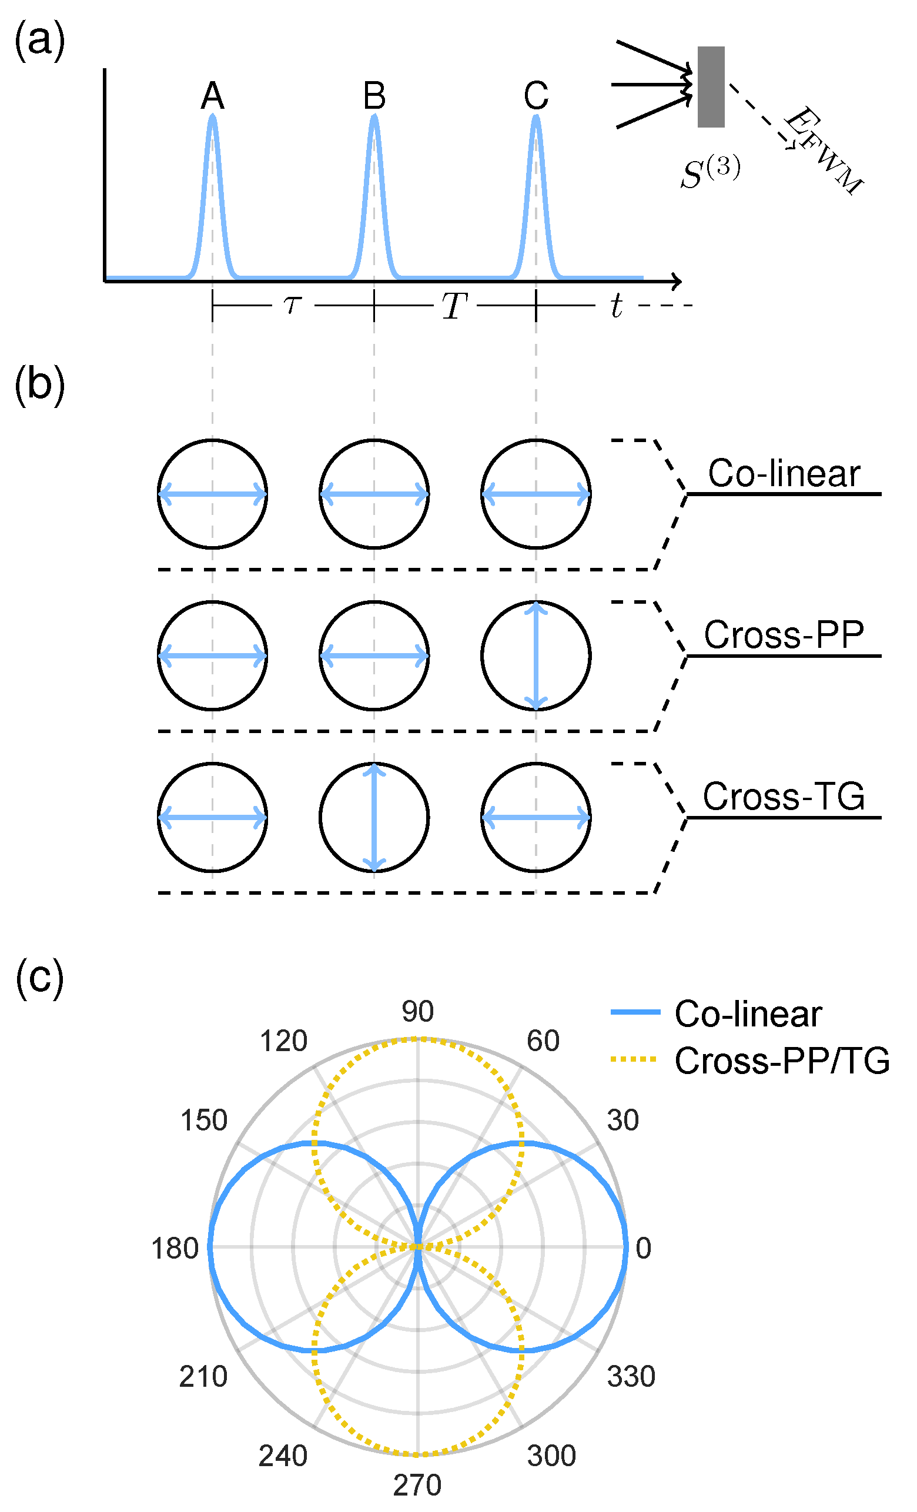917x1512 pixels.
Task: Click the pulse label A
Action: tap(212, 96)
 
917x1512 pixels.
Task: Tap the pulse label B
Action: tap(374, 96)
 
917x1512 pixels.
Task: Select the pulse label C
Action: tap(536, 96)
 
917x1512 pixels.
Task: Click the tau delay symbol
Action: tap(293, 305)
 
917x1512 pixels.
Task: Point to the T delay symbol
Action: tap(454, 306)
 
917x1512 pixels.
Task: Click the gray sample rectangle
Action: tap(711, 86)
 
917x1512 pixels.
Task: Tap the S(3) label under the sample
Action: tap(710, 173)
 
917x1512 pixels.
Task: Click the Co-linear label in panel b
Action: tap(784, 474)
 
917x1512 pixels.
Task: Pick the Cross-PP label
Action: tap(784, 635)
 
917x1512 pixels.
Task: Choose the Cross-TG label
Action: tap(784, 797)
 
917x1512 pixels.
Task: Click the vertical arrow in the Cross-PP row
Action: tap(536, 655)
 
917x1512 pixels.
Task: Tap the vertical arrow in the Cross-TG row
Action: tap(374, 817)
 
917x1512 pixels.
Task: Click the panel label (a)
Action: tap(40, 41)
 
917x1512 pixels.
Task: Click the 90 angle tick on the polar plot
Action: tap(417, 1012)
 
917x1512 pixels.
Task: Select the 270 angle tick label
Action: tap(417, 1485)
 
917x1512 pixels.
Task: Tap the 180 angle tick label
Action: tap(175, 1249)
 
